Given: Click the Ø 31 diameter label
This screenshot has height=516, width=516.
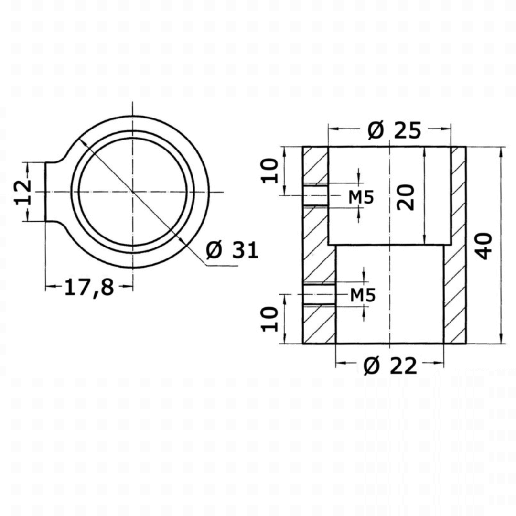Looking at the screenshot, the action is point(232,250).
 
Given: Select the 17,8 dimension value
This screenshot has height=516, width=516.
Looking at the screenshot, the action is point(89,287).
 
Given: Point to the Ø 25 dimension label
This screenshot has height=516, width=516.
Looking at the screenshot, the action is point(394,130).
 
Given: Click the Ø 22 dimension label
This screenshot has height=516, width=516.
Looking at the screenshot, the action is point(390,365).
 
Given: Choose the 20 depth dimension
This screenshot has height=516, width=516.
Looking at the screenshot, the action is point(406,197).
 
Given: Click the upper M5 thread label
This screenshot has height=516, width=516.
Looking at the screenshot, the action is point(361,197).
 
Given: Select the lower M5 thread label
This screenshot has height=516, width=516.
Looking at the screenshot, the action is point(363,295).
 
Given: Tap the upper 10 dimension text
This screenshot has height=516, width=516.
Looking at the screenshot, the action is point(270,171).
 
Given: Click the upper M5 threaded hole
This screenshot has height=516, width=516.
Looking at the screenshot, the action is point(315,195).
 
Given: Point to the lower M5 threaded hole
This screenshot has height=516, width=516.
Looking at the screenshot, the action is point(319,294).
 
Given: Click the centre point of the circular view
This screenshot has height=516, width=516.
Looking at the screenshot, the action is point(133,192).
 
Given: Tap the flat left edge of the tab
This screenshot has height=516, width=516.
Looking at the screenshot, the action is point(45,192).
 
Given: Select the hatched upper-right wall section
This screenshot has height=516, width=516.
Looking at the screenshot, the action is point(458,196).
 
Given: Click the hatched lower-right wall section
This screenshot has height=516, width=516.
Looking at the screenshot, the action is point(455,294).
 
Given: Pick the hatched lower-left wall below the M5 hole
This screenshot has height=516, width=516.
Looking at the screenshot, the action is point(319,324).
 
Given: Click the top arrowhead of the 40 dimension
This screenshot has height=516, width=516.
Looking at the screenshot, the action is point(501,151).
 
